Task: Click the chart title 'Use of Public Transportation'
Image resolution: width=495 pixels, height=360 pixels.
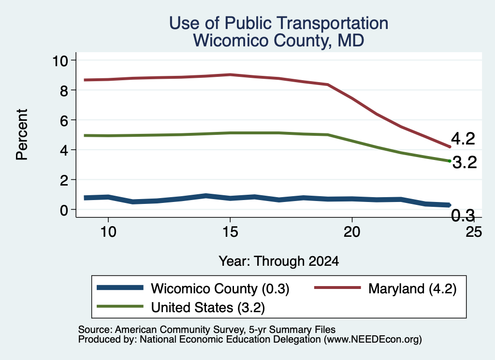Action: pos(278,23)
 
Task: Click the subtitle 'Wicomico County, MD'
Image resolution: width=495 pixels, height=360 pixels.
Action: pos(278,41)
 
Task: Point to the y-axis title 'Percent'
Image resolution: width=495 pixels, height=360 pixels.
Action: pos(22,135)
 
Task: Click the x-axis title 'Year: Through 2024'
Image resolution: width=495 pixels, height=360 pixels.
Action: pos(279,261)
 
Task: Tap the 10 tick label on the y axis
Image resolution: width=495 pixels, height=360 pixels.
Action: pos(60,60)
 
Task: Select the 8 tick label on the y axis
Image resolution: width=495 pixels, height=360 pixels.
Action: pos(64,90)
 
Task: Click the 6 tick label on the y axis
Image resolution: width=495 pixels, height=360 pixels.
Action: pos(64,120)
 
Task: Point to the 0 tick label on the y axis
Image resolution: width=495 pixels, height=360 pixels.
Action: pos(64,210)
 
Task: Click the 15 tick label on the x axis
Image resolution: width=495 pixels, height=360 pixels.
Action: pos(230,232)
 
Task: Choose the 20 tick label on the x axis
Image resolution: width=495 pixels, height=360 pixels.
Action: pos(352,232)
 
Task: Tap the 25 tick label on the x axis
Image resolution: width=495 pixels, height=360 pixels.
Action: pos(474,232)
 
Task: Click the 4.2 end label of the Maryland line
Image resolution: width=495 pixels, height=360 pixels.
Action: pos(463,139)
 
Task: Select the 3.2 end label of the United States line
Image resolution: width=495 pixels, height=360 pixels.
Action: pos(465,162)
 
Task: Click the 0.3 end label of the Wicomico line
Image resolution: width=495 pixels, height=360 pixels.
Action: pos(463,216)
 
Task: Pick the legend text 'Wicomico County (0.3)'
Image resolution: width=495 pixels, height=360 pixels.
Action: pos(220,288)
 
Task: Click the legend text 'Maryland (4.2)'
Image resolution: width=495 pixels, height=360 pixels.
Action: pos(412,288)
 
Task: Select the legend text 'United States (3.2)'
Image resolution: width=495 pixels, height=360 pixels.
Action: pos(208,308)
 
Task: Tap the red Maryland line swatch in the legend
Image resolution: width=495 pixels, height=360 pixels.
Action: pos(337,288)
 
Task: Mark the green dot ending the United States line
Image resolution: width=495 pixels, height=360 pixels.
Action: pos(450,161)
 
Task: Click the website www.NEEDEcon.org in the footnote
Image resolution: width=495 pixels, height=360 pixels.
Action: pos(373,340)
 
